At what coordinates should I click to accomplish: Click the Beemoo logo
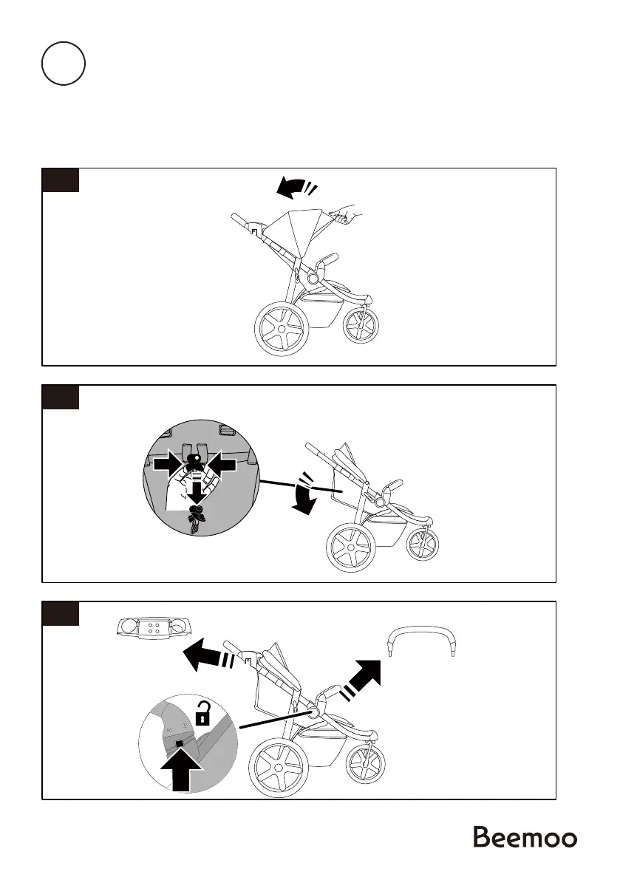point(525,838)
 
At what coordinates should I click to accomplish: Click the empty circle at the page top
point(63,64)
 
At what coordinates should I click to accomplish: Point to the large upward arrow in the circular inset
point(180,767)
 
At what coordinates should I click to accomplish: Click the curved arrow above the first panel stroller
point(293,189)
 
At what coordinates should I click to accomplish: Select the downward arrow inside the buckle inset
point(196,491)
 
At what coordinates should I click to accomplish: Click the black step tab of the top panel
point(60,180)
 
